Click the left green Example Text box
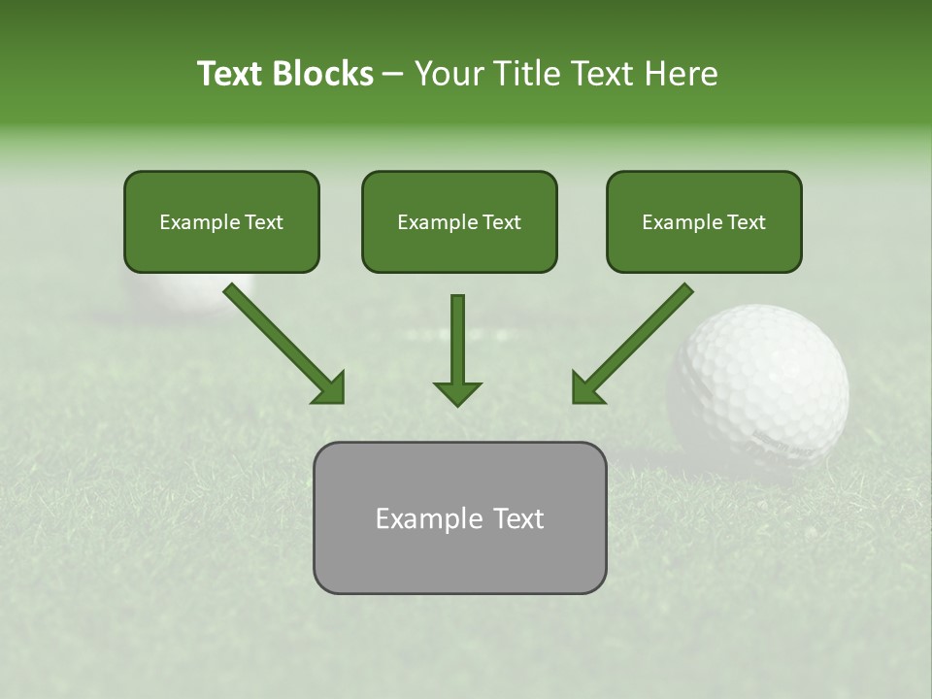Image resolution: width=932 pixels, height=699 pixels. [221, 221]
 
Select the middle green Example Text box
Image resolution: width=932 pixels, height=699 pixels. [459, 221]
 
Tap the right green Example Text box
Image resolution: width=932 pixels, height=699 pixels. [704, 221]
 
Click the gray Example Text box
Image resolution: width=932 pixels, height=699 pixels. [459, 517]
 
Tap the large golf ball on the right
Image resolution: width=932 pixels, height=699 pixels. [759, 383]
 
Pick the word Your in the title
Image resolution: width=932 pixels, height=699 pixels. [446, 74]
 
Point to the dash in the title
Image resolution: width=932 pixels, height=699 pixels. [393, 74]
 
